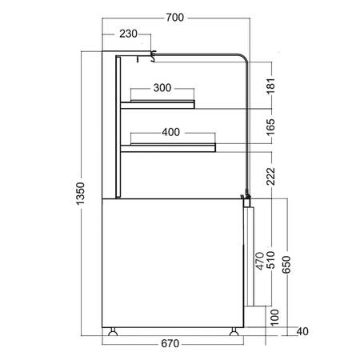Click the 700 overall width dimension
[175, 18]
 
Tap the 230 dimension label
[128, 34]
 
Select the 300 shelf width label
[162, 88]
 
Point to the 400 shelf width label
[170, 132]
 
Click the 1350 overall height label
[80, 194]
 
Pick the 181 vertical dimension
[270, 86]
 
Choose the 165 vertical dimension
[270, 127]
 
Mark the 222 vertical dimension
[270, 176]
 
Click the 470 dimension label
[260, 261]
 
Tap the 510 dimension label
[270, 259]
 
